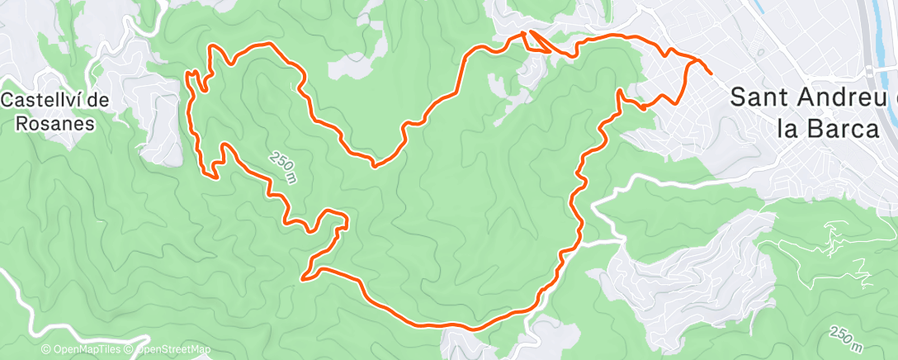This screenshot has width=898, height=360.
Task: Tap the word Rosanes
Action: pyautogui.click(x=55, y=123)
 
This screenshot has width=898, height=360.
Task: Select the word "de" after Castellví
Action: pyautogui.click(x=99, y=100)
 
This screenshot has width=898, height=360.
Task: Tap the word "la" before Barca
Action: pyautogui.click(x=788, y=129)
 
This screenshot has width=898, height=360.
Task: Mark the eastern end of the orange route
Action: pyautogui.click(x=711, y=74)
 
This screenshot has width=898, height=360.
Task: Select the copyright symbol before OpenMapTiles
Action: pyautogui.click(x=46, y=350)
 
